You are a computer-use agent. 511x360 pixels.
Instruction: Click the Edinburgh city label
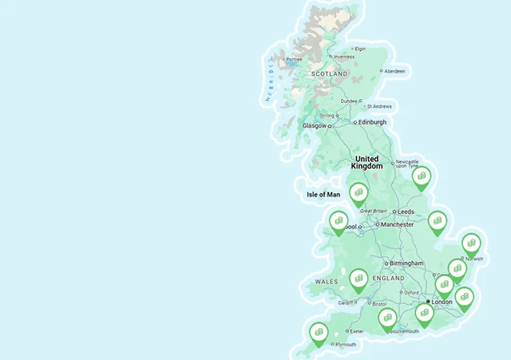pyautogui.click(x=372, y=122)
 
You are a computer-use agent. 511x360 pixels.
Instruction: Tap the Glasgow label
pyautogui.click(x=314, y=126)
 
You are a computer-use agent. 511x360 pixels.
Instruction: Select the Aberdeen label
pyautogui.click(x=394, y=71)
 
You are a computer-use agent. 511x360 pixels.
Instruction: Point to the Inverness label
pyautogui.click(x=344, y=57)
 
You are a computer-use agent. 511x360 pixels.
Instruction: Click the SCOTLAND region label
pyautogui.click(x=330, y=73)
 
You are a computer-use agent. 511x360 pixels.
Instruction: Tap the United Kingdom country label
pyautogui.click(x=368, y=163)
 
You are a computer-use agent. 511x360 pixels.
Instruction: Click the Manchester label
pyautogui.click(x=397, y=225)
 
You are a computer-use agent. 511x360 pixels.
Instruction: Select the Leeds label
pyautogui.click(x=406, y=212)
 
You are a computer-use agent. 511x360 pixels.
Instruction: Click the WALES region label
pyautogui.click(x=327, y=282)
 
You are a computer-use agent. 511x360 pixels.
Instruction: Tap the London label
pyautogui.click(x=442, y=303)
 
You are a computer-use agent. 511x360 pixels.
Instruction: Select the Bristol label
pyautogui.click(x=378, y=304)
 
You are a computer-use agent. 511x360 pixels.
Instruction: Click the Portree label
pyautogui.click(x=295, y=57)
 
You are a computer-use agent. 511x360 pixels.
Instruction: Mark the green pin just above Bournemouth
pyautogui.click(x=387, y=318)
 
